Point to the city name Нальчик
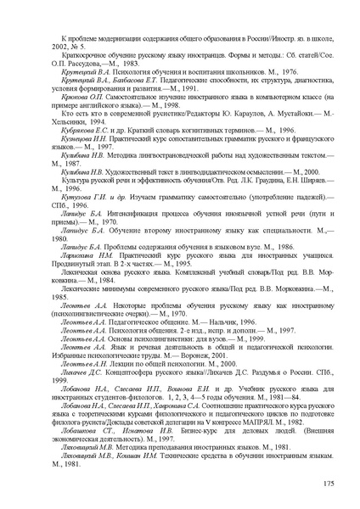tap(199, 345)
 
